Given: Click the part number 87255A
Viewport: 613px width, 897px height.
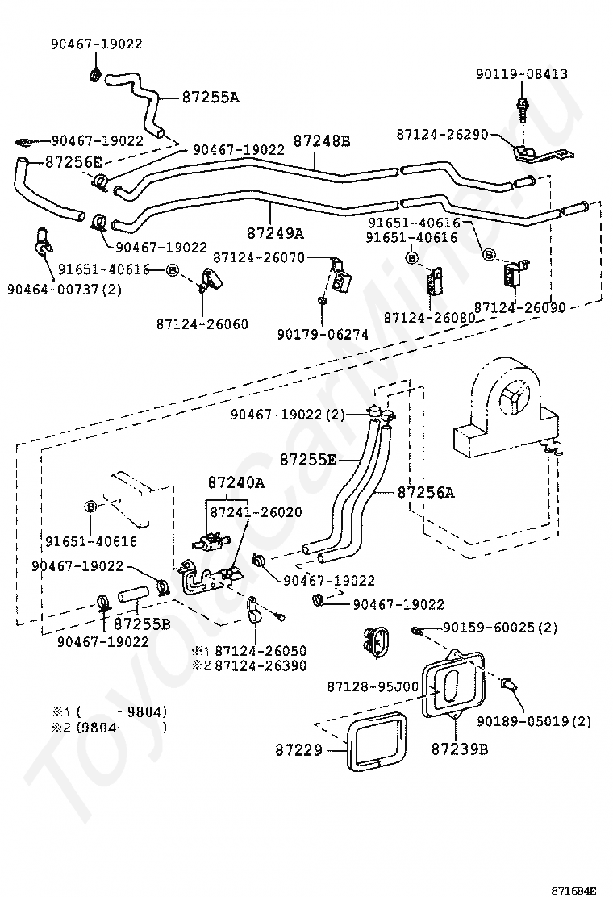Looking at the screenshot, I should pos(210,97).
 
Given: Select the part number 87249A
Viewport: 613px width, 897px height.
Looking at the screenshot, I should pos(275,233).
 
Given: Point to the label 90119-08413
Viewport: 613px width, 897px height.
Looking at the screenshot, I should pos(521,74).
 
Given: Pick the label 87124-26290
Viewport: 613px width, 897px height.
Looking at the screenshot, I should pos(442,134).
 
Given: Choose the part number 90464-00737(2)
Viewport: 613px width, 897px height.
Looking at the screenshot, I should pos(65,288).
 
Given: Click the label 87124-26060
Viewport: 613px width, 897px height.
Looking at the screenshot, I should pos(202,323).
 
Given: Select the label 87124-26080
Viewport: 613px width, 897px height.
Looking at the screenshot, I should pos(429,319).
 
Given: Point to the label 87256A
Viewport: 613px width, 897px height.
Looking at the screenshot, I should pos(426,492).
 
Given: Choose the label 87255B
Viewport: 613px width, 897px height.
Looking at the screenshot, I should pos(142,623).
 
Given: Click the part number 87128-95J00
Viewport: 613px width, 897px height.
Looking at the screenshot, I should pos(373,686).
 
